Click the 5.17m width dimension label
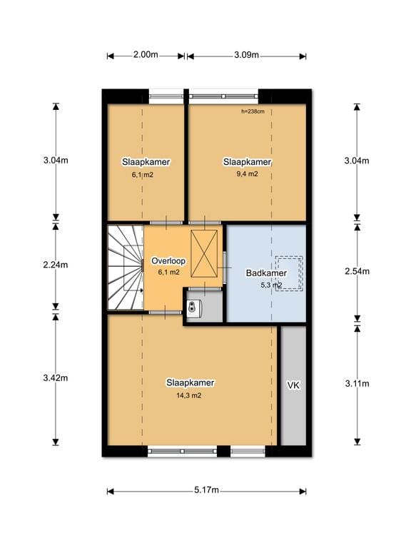(x=206, y=490)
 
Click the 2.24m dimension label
(x=56, y=265)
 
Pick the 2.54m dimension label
(x=357, y=271)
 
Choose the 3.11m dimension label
(x=357, y=383)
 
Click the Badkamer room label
(x=266, y=273)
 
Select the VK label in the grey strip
(x=293, y=385)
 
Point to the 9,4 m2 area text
(x=246, y=173)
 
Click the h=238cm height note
(x=253, y=111)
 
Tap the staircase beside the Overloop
(x=126, y=268)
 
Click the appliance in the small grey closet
(x=195, y=307)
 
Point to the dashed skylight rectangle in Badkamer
(x=289, y=271)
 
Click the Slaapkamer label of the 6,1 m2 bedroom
(x=146, y=162)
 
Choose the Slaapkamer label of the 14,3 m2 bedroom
(x=191, y=382)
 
